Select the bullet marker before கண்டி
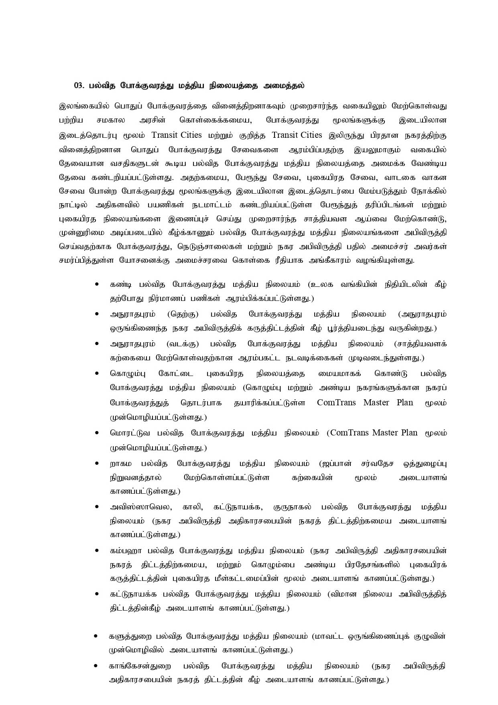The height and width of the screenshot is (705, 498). [x=97, y=284]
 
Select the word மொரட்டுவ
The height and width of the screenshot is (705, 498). [x=130, y=433]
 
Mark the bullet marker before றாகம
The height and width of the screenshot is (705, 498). [x=97, y=463]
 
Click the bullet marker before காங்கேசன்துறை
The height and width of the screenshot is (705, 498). [x=96, y=666]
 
